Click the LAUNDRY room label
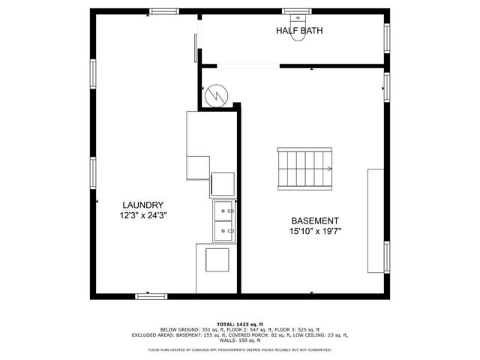[x=142, y=205]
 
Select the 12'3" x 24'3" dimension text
[x=142, y=215]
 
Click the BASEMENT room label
[x=315, y=220]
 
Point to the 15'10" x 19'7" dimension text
[x=315, y=231]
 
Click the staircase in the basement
[x=304, y=169]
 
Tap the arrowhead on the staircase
[x=329, y=169]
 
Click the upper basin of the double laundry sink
[x=223, y=210]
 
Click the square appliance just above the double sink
[x=223, y=184]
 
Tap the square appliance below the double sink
[x=217, y=259]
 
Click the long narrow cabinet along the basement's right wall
[x=375, y=221]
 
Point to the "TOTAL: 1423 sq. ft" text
[x=240, y=324]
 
